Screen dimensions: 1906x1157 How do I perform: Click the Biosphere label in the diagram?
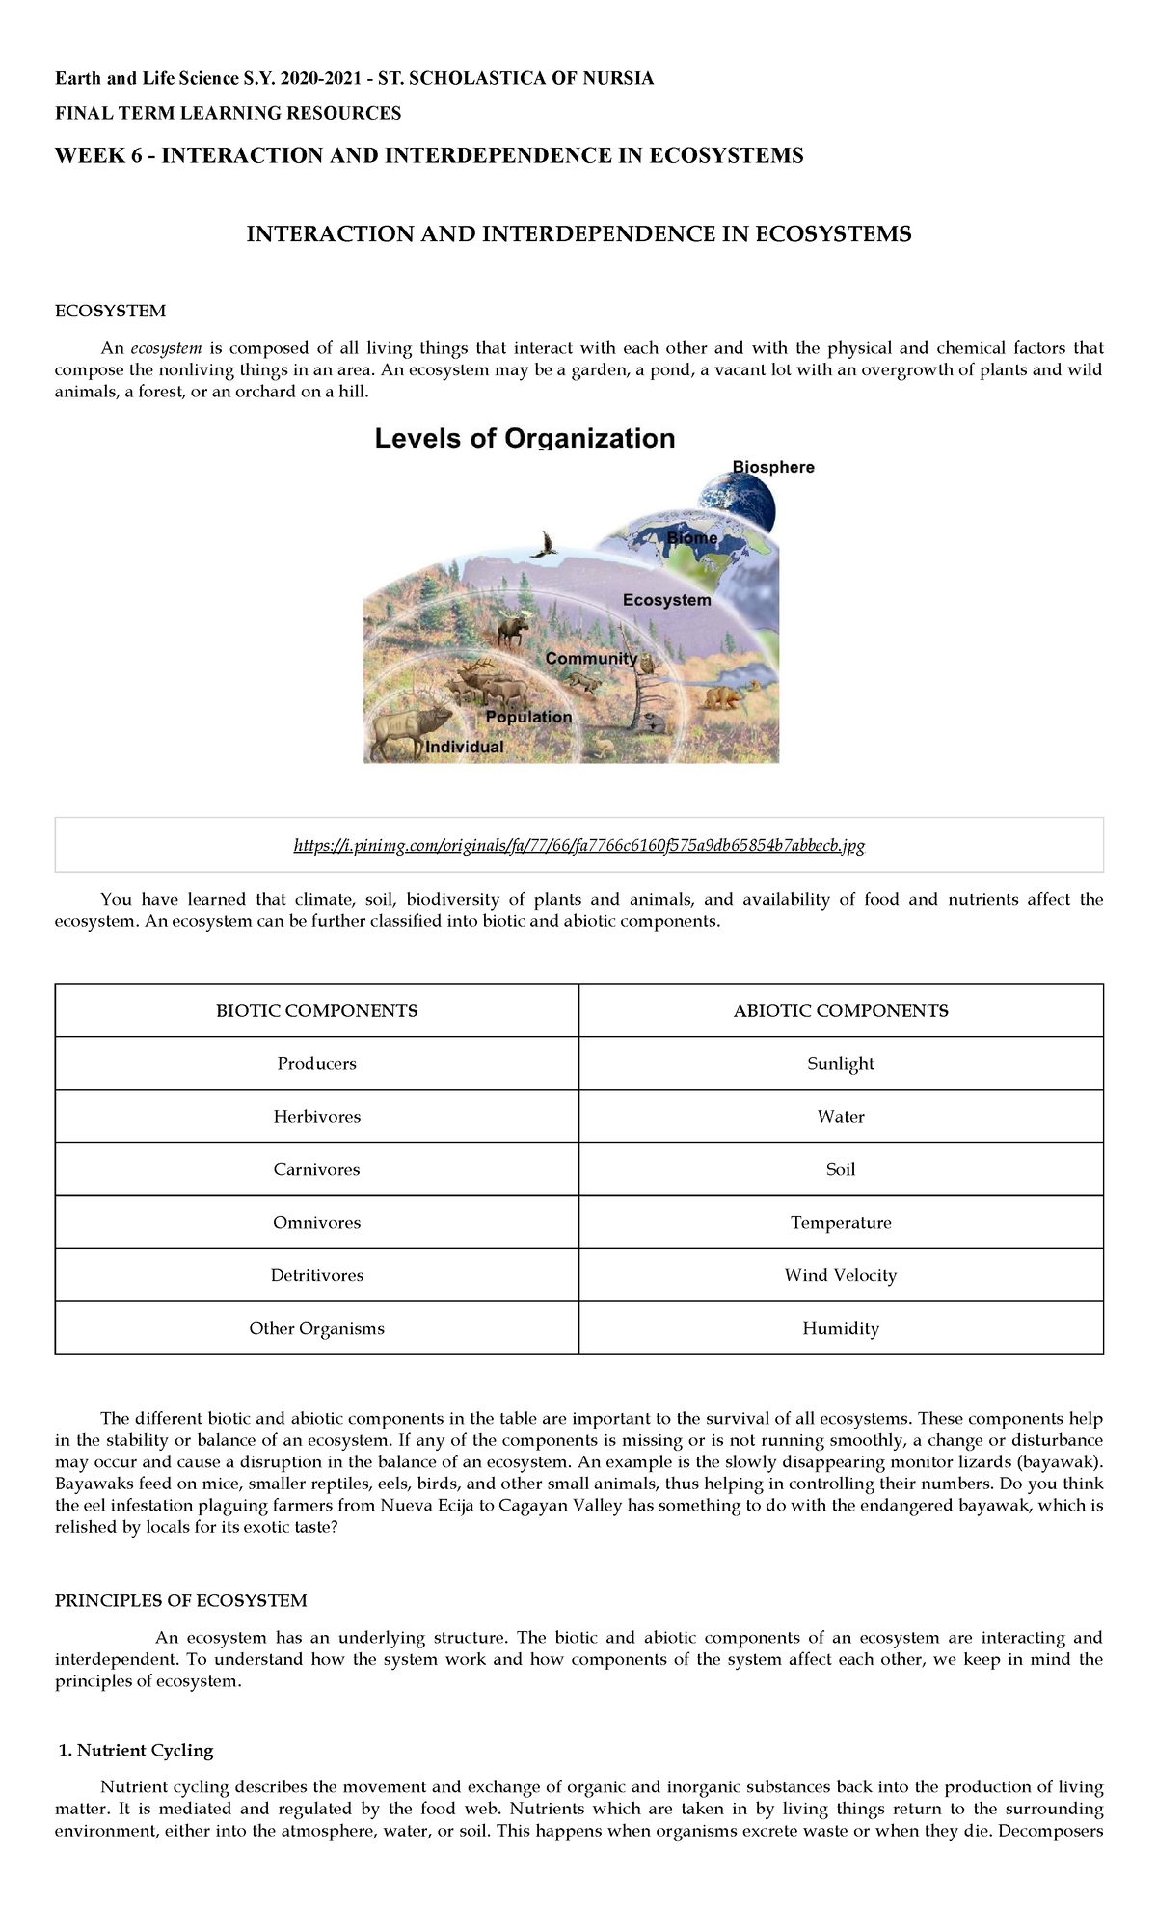pos(773,468)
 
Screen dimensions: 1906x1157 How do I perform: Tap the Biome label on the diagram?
pos(692,538)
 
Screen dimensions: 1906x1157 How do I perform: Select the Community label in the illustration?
pos(591,659)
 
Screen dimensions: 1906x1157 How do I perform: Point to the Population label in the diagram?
pos(528,718)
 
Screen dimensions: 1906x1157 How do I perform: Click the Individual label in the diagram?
pos(465,747)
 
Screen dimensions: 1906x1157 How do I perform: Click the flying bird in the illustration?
pos(547,545)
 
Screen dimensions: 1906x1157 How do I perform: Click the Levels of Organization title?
pos(525,439)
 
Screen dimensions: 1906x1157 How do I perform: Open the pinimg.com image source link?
pos(578,846)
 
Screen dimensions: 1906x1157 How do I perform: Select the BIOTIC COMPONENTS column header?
pos(316,1011)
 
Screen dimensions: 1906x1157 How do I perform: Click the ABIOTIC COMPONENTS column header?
pos(841,1011)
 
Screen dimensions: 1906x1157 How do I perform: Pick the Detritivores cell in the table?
pos(316,1275)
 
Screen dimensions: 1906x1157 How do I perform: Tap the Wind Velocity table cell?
pos(841,1275)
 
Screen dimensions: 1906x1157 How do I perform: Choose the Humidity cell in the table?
pos(841,1328)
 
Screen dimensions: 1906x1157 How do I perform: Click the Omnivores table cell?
pos(316,1222)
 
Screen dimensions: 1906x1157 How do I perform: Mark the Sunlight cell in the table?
pos(841,1064)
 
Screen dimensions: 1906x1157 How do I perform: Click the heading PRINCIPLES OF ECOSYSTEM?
pos(180,1601)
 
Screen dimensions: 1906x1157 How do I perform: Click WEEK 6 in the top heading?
pos(99,156)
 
